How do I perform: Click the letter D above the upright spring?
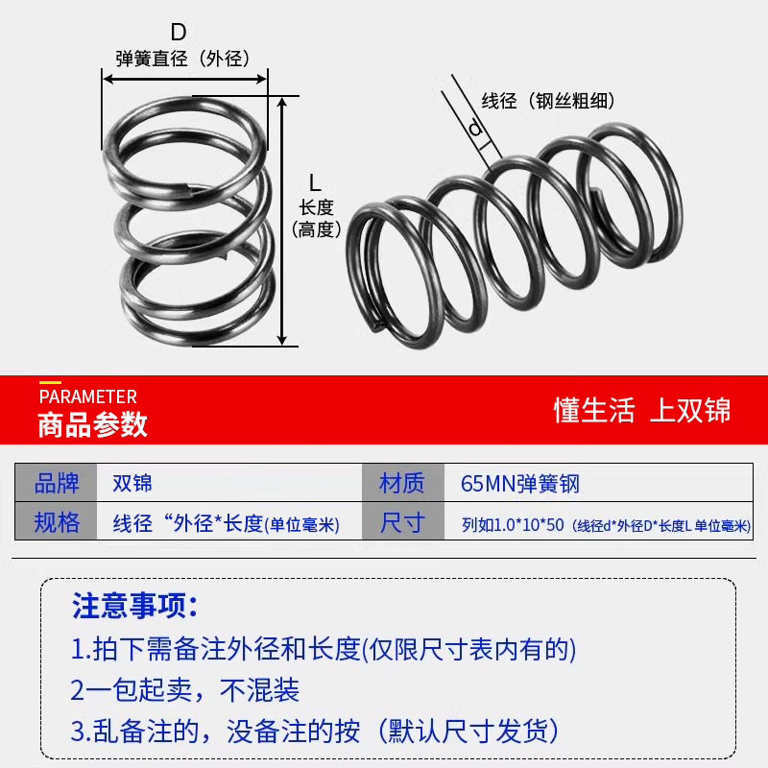(x=179, y=33)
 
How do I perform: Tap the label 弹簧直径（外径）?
(x=182, y=59)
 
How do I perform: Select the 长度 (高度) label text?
(x=316, y=218)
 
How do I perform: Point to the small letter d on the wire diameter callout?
(x=474, y=129)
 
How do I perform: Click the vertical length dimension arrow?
(x=282, y=221)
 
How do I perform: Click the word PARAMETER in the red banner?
(x=87, y=396)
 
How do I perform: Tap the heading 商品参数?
(x=92, y=423)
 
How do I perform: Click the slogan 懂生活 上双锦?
(x=641, y=410)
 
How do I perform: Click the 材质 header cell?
(x=402, y=483)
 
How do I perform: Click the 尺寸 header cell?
(x=402, y=523)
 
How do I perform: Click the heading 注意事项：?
(x=135, y=606)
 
